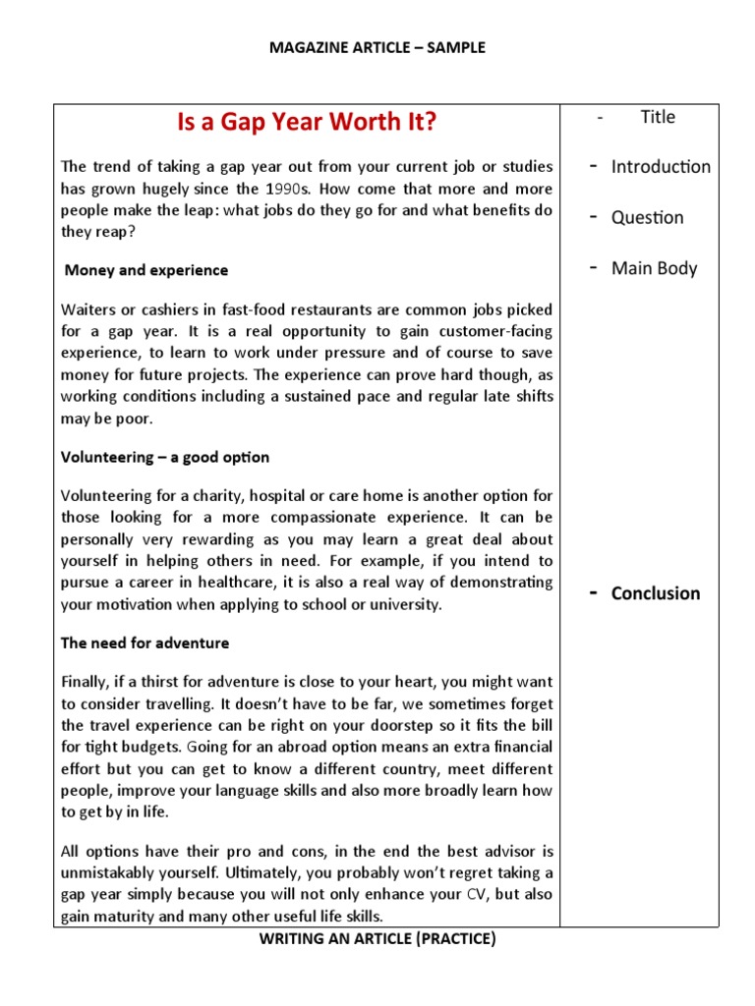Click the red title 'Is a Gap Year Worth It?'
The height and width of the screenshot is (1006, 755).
click(306, 123)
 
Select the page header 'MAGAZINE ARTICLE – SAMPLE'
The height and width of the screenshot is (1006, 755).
click(377, 47)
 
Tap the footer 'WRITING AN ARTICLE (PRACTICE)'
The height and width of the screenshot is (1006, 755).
click(377, 939)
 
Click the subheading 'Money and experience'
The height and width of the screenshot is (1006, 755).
click(145, 270)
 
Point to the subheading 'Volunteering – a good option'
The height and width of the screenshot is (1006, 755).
click(165, 458)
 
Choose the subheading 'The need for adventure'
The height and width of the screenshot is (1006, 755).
click(145, 643)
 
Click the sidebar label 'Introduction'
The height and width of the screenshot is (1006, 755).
click(661, 167)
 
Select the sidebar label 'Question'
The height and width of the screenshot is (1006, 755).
click(647, 218)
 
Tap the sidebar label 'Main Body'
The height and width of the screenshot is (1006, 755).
click(654, 268)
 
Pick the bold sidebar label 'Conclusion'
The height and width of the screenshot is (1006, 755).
click(656, 593)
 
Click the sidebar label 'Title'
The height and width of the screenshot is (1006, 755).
click(658, 117)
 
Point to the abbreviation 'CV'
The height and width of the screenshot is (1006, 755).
click(476, 895)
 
